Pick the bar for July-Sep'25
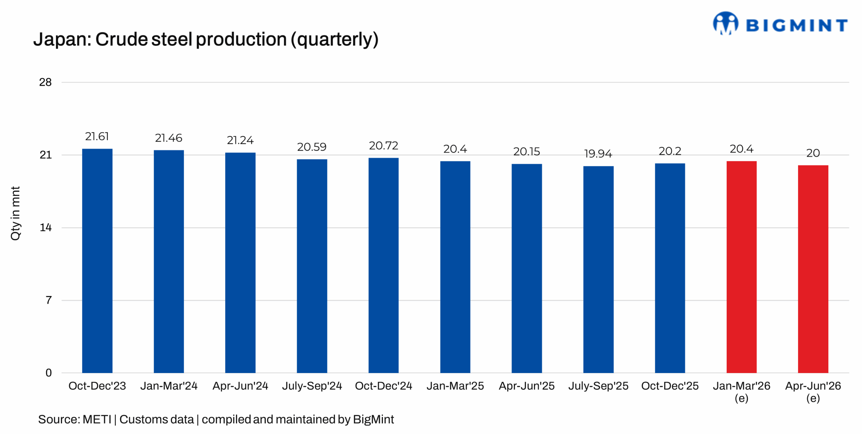point(598,269)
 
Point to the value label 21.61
point(97,136)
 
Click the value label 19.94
point(598,154)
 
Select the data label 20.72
point(383,146)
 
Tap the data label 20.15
point(526,152)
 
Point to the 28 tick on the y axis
point(45,82)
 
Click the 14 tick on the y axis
point(45,227)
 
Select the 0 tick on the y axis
point(48,373)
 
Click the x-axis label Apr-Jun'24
point(240,385)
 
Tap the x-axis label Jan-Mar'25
point(455,385)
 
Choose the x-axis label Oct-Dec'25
point(670,385)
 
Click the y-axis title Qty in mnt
point(15,213)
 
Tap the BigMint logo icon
point(725,23)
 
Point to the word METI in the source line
point(97,419)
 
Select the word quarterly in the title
point(334,40)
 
